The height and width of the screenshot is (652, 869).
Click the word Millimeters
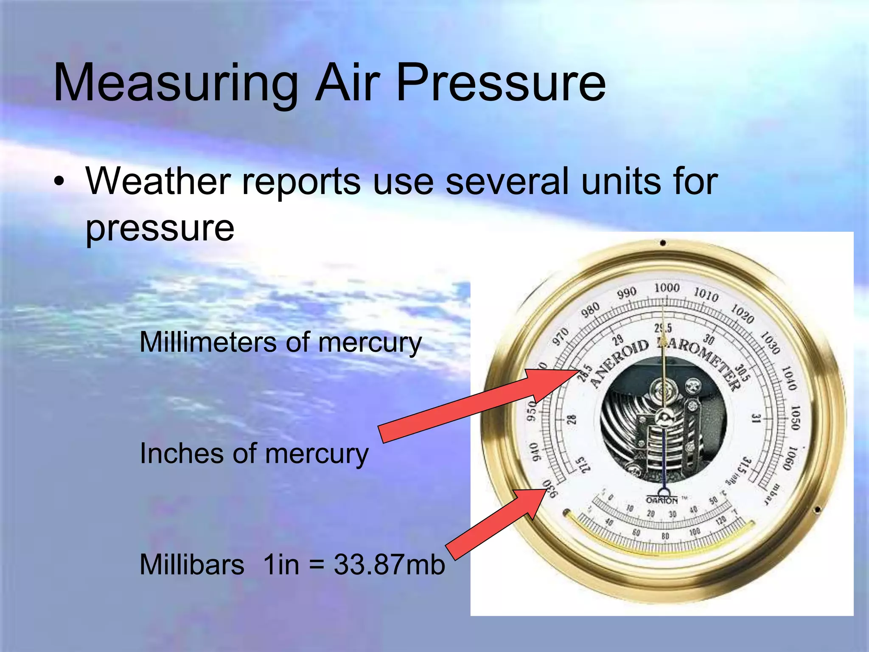(x=207, y=342)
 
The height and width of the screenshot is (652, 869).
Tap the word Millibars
(x=192, y=565)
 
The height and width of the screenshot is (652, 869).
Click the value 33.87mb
(x=389, y=565)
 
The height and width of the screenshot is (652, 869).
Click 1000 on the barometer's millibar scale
(x=667, y=288)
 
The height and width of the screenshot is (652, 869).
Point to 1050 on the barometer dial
(x=795, y=417)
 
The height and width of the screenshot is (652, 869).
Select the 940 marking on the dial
(x=535, y=451)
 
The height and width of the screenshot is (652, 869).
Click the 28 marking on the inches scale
(x=572, y=420)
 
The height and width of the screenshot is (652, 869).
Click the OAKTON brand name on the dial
(x=662, y=500)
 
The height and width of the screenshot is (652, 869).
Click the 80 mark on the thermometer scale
(x=665, y=536)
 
